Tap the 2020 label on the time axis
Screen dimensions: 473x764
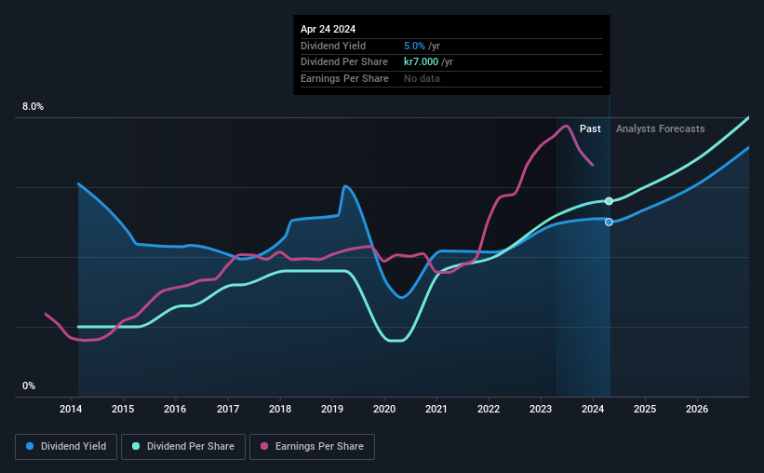click(x=384, y=409)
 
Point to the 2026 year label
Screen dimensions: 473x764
click(x=697, y=409)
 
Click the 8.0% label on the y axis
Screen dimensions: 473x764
click(x=33, y=107)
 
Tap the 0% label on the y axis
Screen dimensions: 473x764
click(x=29, y=385)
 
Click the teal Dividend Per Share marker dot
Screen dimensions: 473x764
click(x=609, y=201)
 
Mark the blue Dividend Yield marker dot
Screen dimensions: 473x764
click(x=609, y=222)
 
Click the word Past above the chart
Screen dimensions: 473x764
click(x=590, y=128)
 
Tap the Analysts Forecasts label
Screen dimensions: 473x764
click(x=660, y=128)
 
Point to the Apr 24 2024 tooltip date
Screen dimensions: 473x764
click(x=328, y=29)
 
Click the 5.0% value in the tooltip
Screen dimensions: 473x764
click(x=414, y=46)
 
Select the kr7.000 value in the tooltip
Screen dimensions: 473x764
click(x=422, y=61)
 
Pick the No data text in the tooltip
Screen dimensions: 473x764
click(x=422, y=78)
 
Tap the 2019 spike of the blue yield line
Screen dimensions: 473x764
click(x=345, y=186)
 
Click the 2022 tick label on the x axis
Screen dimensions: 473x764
click(x=489, y=409)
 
